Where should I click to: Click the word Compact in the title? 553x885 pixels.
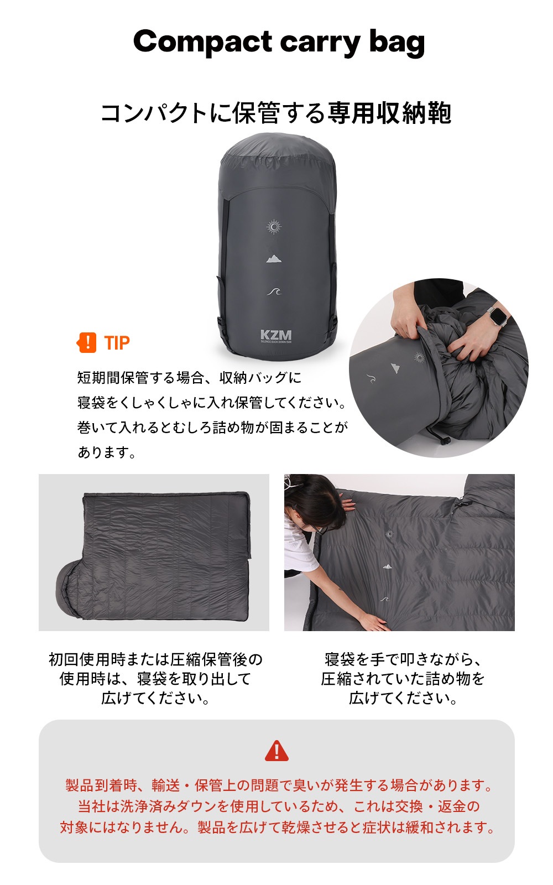click(202, 42)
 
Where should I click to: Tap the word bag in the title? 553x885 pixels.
click(397, 42)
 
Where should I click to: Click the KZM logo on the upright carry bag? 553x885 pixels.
click(275, 335)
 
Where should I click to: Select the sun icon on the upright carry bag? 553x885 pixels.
click(274, 227)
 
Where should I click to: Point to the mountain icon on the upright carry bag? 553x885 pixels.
click(274, 258)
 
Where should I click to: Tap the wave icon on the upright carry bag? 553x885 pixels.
click(274, 291)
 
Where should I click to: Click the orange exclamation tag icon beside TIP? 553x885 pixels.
click(87, 342)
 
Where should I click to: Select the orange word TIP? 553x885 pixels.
click(117, 343)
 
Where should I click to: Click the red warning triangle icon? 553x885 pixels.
click(276, 751)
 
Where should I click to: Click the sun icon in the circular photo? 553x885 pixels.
click(420, 357)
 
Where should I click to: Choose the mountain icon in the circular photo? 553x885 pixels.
click(394, 367)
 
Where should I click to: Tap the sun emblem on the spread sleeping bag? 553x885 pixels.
click(389, 534)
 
